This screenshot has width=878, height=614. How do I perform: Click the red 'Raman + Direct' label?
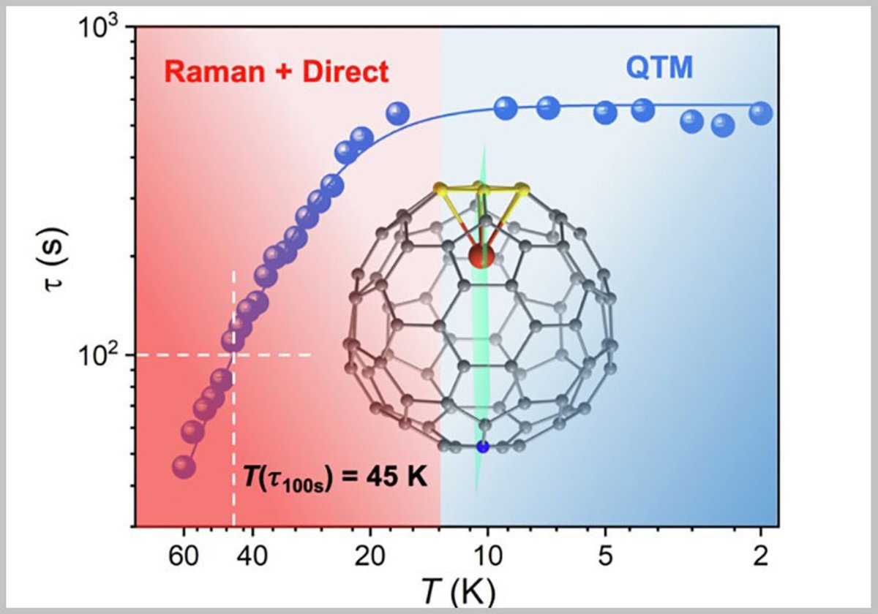coord(276,72)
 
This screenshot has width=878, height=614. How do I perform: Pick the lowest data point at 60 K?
coord(183,467)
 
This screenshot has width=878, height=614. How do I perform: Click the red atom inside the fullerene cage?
coord(480,257)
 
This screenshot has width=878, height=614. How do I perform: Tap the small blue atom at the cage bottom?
coord(481,446)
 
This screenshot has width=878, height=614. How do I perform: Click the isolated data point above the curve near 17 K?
coord(397,113)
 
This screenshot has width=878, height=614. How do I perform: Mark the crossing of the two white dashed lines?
coord(233,355)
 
